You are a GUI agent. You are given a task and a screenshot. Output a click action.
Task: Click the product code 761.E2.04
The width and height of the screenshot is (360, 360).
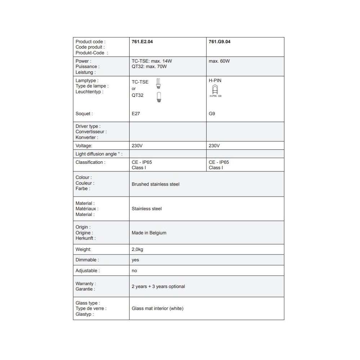coord(142,42)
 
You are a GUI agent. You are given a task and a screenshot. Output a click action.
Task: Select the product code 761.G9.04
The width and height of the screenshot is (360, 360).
coord(220,42)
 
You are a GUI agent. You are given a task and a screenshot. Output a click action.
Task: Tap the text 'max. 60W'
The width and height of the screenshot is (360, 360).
coord(219,61)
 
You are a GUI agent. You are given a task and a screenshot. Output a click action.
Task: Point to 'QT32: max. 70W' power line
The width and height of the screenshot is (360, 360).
coord(149,67)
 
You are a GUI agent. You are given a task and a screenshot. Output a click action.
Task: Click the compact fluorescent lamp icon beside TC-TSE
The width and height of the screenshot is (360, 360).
coord(158,84)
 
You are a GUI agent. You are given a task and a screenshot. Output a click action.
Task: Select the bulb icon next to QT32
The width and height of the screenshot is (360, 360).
coord(158,97)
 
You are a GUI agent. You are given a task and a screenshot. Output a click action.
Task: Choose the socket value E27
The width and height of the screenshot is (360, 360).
coord(135,114)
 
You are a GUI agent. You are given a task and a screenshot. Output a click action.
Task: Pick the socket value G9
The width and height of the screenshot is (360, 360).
coord(212,114)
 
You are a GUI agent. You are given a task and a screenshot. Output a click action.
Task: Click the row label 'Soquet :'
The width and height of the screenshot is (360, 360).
coord(84,114)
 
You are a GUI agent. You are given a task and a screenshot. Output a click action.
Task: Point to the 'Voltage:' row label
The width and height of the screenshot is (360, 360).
coord(84,146)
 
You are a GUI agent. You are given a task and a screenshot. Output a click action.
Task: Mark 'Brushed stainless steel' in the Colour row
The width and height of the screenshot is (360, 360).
coord(156,184)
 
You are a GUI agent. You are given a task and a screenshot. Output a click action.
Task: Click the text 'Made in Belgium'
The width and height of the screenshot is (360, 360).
coord(149,233)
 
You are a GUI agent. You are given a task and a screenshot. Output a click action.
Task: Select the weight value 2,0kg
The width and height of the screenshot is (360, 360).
coord(138,249)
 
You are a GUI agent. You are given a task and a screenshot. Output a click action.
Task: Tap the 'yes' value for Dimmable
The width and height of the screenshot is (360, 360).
coord(135,260)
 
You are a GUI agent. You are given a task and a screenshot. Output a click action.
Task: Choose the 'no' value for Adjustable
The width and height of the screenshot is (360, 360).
coord(134,271)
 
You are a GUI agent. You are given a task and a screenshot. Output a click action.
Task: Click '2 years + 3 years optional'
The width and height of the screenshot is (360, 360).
coord(158,287)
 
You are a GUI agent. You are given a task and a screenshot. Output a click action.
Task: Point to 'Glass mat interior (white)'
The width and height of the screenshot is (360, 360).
coord(158,309)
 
